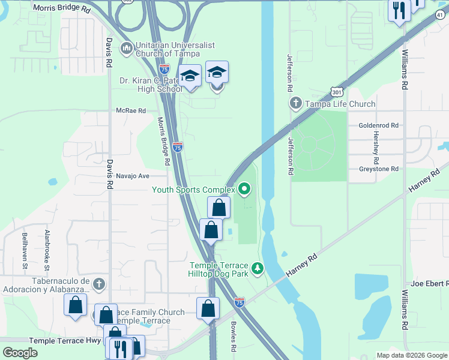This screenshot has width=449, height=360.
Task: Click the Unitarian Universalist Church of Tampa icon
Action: click(x=127, y=48)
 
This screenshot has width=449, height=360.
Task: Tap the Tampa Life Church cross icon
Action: click(x=295, y=104)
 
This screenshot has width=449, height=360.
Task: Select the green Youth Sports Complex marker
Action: click(x=244, y=190)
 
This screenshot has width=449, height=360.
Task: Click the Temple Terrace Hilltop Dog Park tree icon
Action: click(x=258, y=268)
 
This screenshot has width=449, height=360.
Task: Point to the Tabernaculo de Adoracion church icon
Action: click(x=99, y=284)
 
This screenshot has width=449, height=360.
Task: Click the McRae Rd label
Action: click(x=131, y=110)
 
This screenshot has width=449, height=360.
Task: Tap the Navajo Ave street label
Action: click(x=132, y=176)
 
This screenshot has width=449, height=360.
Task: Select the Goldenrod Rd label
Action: click(x=378, y=125)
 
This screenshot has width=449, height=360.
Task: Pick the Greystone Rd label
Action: click(x=378, y=169)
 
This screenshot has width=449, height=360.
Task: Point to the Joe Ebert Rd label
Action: click(x=430, y=283)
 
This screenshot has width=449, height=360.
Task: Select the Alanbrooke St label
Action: click(x=46, y=248)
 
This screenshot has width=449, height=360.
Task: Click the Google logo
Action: click(x=20, y=353)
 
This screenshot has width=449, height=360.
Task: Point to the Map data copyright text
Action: click(x=411, y=355)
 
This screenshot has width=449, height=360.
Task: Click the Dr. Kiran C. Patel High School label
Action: click(x=150, y=85)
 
